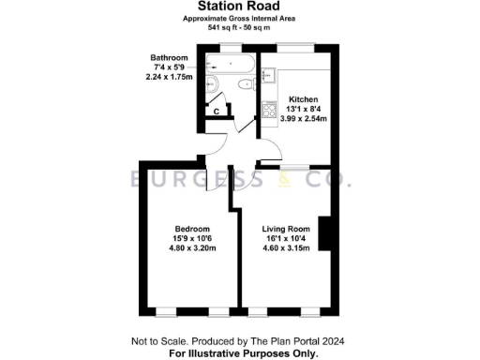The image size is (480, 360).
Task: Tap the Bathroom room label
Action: (170, 58)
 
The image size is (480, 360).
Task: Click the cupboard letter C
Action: (217, 112)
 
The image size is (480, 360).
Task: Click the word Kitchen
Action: (304, 99)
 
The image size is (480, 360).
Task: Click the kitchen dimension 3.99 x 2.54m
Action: (304, 120)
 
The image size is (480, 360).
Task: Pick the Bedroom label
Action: (192, 229)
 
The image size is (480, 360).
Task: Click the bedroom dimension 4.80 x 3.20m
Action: (192, 249)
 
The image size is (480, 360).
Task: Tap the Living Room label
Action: (285, 229)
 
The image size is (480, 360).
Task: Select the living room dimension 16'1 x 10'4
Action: (285, 239)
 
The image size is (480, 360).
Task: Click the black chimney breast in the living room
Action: (324, 233)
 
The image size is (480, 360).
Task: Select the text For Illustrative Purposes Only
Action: (242, 352)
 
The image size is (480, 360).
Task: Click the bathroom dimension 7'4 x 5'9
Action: (170, 67)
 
